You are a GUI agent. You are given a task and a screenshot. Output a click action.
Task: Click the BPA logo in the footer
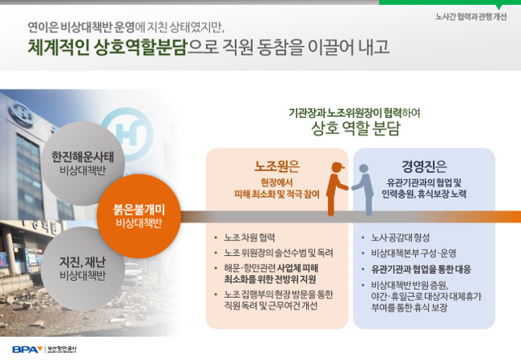tap(27, 350)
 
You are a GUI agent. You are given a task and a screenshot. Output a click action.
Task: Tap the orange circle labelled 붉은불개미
tap(139, 216)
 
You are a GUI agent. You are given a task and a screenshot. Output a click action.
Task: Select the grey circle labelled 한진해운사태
tap(82, 163)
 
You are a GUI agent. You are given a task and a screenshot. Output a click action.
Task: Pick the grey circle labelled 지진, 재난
tap(82, 269)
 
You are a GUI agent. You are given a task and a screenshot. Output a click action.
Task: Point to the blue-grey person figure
tap(363, 190)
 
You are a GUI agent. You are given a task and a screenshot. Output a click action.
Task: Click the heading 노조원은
tap(277, 166)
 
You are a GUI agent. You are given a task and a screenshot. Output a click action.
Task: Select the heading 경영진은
tap(424, 166)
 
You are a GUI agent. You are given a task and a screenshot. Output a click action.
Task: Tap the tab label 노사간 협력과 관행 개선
tap(471, 17)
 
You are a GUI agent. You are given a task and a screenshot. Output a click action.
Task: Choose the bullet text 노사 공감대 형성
tap(401, 237)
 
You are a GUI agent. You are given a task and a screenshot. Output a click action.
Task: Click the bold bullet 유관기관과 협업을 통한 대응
tap(421, 269)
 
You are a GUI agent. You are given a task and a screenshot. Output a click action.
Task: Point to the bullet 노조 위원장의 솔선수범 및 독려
tap(279, 253)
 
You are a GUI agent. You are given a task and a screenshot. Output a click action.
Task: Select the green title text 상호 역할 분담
tap(355, 128)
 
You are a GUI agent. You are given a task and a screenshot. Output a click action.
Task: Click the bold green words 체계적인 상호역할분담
tap(107, 47)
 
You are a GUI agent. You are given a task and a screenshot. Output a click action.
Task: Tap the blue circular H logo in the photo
tap(128, 134)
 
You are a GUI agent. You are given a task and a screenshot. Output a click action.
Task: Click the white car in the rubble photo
tap(134, 274)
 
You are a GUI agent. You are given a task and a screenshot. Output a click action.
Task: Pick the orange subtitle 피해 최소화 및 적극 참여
tap(277, 194)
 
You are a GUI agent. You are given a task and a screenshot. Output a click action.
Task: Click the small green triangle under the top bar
tap(498, 7)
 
